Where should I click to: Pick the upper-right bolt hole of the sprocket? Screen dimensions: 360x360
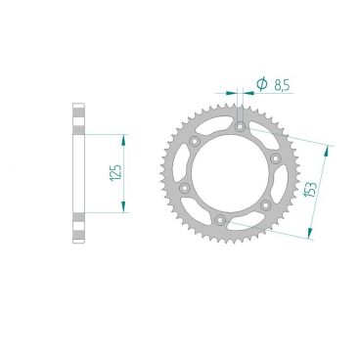click(x=275, y=157)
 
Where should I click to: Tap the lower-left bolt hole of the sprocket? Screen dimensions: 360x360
click(x=185, y=186)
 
